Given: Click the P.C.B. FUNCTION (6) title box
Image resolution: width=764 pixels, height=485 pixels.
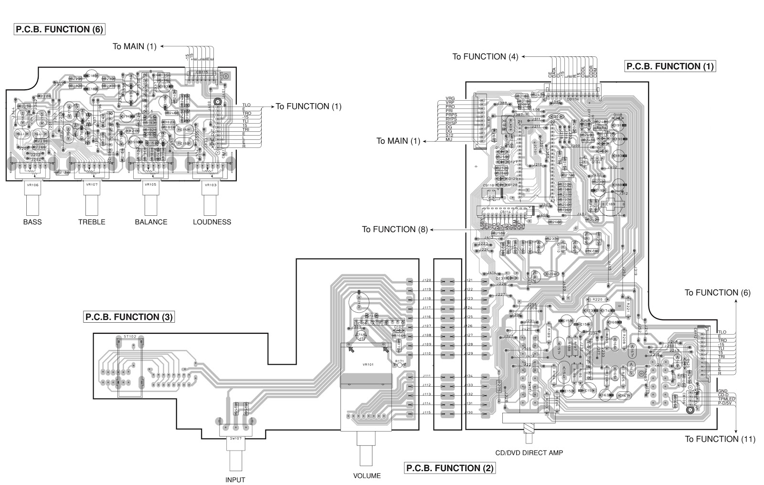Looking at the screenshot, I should coord(59,29).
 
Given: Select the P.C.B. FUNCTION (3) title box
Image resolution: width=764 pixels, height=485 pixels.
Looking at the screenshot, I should coord(128,317).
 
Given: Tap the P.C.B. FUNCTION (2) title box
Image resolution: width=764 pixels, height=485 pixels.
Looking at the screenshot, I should coord(449,468).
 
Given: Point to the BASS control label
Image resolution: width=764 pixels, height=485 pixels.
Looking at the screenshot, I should coord(32,222).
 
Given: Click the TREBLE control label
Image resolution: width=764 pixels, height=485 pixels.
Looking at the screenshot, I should coord(92,222).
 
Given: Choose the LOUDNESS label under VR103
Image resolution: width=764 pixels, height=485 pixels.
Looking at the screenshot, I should coord(212,222).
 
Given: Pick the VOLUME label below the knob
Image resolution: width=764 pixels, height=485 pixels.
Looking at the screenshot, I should coord(367,475).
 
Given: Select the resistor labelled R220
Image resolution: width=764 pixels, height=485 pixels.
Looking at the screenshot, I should coord(597,299).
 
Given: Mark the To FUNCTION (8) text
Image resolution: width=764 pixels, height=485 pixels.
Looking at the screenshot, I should coord(395,229).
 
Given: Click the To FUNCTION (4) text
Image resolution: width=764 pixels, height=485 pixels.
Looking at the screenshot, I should coord(485,56).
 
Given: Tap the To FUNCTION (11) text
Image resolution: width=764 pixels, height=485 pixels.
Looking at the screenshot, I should coord(720,439).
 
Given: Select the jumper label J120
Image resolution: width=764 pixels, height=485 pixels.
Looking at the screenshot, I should coord(426,280).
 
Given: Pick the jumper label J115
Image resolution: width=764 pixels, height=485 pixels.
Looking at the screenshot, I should coord(426,412).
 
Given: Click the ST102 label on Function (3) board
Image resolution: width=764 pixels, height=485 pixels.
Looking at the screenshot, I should coord(130,337).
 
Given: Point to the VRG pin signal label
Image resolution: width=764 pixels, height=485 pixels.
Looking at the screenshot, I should coord(450,98).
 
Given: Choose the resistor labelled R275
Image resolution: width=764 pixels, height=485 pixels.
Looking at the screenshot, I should coord(499,386).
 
